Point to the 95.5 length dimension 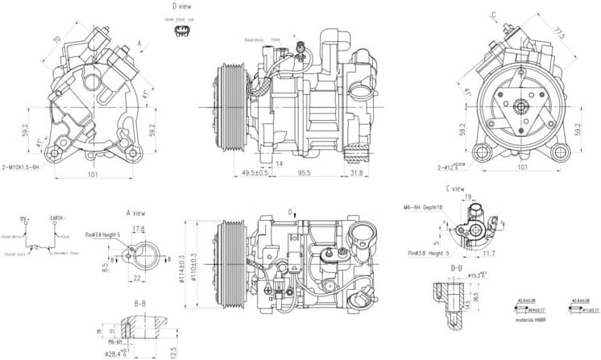coord(305,172)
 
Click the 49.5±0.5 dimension coord(255,172)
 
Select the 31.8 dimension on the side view coord(357,172)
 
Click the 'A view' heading coord(135,213)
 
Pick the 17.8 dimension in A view coord(138,230)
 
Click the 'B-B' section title coord(139,304)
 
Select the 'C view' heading coord(456,189)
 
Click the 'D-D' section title coord(456,267)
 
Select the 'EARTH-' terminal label coord(59,218)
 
